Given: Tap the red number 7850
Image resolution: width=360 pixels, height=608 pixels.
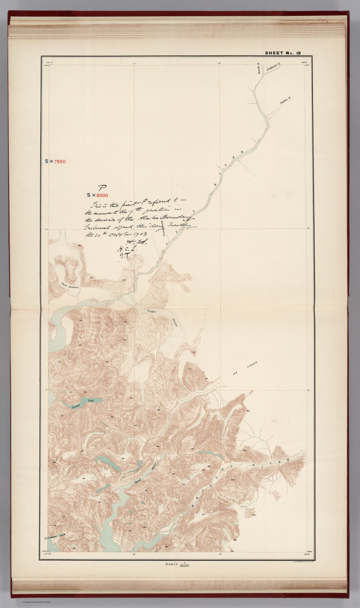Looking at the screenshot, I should [x=60, y=161].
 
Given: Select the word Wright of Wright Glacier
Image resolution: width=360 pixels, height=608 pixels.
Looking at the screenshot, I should [x=152, y=312].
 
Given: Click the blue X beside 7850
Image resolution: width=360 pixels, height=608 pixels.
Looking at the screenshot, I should [x=51, y=161].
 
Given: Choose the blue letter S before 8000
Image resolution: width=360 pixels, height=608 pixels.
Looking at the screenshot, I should [x=89, y=195].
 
